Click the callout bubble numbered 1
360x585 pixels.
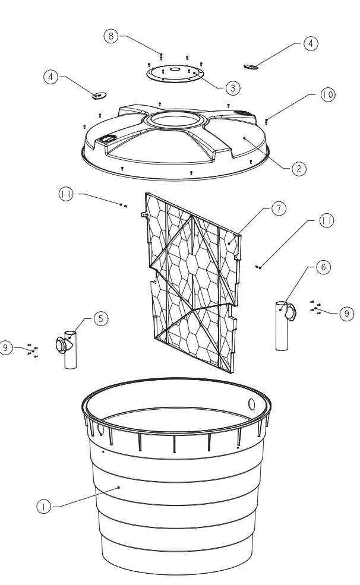click(x=43, y=507)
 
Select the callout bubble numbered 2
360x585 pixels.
click(x=299, y=169)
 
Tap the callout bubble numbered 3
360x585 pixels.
click(x=233, y=87)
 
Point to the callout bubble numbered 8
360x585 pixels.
click(x=110, y=36)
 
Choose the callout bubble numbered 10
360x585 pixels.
click(x=328, y=95)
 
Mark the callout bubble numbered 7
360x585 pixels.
click(x=279, y=208)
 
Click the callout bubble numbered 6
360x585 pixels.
click(x=323, y=267)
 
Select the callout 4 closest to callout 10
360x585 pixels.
click(x=311, y=43)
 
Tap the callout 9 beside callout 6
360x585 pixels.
click(x=346, y=314)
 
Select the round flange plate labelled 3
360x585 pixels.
click(x=175, y=74)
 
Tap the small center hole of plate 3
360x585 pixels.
click(x=175, y=69)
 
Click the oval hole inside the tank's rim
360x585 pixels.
click(x=251, y=405)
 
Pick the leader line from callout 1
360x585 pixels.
click(x=83, y=497)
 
